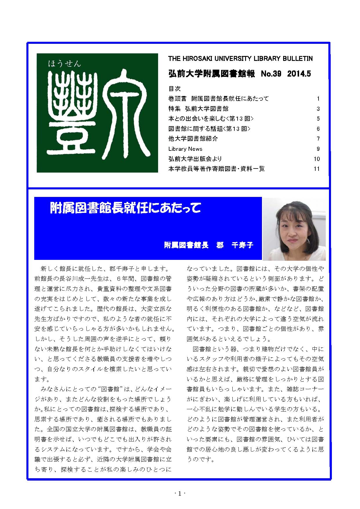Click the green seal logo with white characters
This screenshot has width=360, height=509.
pos(97,113)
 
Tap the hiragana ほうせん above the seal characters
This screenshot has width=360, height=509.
pos(64,63)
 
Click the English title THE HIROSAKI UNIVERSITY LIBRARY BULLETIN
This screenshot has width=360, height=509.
pos(240,59)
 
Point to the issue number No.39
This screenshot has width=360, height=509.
pos(271,74)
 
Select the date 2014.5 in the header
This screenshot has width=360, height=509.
pos(299,74)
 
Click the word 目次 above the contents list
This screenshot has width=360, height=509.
pos(174,88)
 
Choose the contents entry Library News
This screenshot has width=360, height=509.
pos(185,149)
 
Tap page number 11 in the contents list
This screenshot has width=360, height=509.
pos(316,169)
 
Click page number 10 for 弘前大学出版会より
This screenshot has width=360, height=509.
pos(316,159)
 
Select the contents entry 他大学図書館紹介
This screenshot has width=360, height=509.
pos(193,139)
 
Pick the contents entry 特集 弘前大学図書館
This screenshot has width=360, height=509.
pos(198,109)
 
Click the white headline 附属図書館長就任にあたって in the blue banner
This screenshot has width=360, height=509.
pos(125,208)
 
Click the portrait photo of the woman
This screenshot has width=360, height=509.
pos(294,229)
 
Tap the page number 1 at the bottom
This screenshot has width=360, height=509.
pos(180,494)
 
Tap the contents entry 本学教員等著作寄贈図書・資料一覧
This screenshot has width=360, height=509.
pos(216,169)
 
